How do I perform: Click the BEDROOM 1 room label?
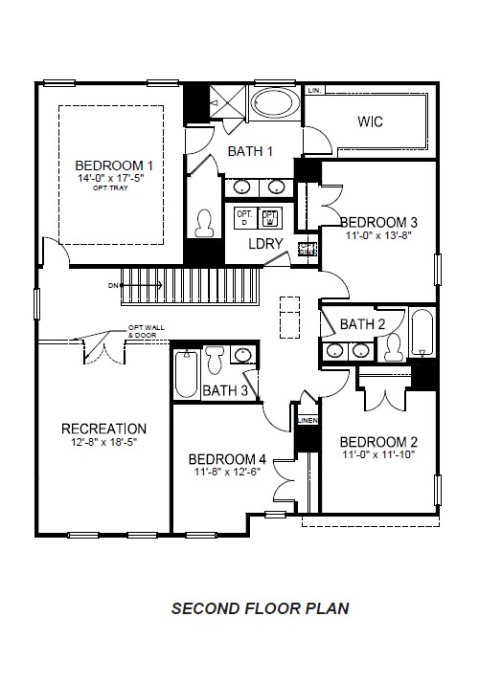coord(114,165)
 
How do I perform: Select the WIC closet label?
coord(370,121)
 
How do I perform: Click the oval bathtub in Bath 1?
coord(274,103)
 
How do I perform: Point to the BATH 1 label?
coord(250,151)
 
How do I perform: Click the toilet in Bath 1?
coord(203,224)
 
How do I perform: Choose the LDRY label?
coord(265,244)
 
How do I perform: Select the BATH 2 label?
coord(362,324)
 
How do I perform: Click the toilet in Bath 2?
coord(393,350)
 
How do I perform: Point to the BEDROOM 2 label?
coord(378,441)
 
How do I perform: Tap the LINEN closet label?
coord(307,420)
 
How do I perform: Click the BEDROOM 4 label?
coord(227,457)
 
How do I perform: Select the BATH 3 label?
coord(225,390)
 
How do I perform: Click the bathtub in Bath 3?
coord(186,374)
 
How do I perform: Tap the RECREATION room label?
coord(103,429)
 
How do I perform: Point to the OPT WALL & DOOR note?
coord(146,332)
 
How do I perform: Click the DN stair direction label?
coord(113,285)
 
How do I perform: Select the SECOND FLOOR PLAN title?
coord(260,607)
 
